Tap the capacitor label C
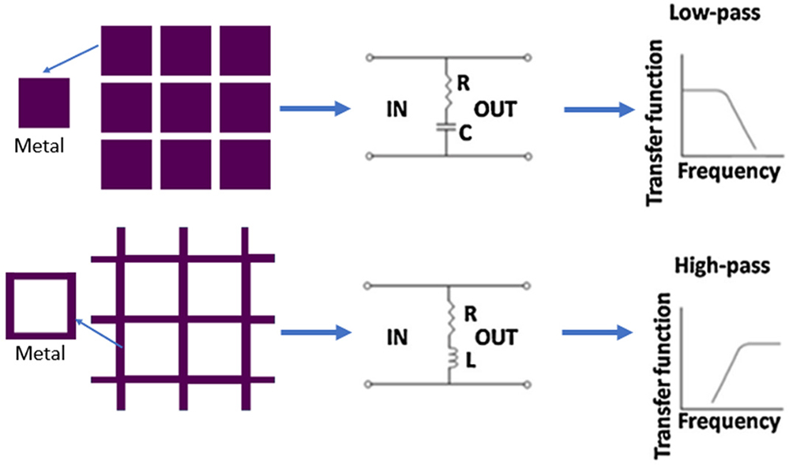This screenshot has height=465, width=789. point(465,136)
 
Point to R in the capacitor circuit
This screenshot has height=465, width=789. point(464,81)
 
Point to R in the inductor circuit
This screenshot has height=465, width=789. point(469,312)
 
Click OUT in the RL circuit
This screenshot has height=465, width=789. point(494,339)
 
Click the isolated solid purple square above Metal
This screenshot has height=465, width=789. point(44,103)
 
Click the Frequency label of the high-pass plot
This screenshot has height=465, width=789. point(729,422)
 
